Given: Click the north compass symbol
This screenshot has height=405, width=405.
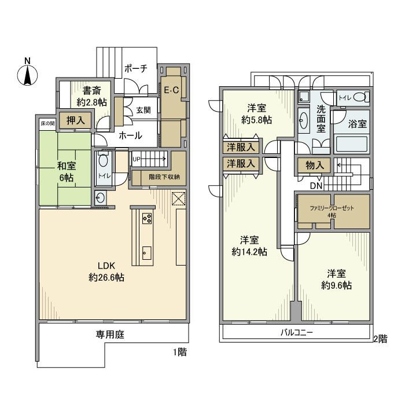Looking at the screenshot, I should pos(27,74).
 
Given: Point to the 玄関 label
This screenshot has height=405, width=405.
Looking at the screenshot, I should pos(143,110).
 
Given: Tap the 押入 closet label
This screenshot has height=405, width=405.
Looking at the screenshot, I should pos(75,120).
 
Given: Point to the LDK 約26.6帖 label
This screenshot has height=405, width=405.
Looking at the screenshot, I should pos(106,271).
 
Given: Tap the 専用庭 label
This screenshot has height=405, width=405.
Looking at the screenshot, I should pos(110,334).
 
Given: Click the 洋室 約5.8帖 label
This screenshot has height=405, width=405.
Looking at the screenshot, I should pos(257,113).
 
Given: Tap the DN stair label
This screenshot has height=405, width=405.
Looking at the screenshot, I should pos(316,186).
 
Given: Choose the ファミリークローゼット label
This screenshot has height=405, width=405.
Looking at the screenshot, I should pos(332,211).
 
